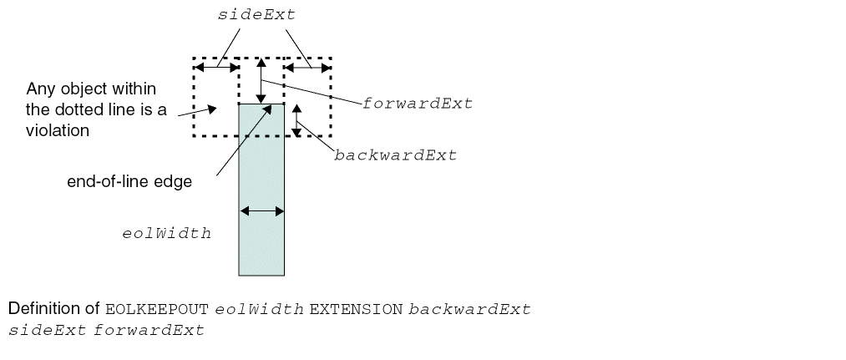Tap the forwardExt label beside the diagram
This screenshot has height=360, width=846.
coord(418,104)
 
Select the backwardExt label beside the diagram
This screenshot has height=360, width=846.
coord(395,155)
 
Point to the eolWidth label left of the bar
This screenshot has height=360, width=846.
coord(166,233)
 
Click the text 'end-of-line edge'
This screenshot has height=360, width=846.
coord(129,181)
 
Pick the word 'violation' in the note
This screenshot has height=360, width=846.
coord(58,130)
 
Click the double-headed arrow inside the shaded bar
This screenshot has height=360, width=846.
coord(261,210)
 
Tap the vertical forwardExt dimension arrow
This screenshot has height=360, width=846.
coord(261,81)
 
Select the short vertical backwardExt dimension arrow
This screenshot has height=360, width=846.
coord(296,120)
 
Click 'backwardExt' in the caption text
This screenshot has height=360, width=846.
coord(469,309)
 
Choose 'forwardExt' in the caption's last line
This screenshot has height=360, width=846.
coord(149,330)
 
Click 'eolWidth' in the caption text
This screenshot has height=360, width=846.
coord(259,309)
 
